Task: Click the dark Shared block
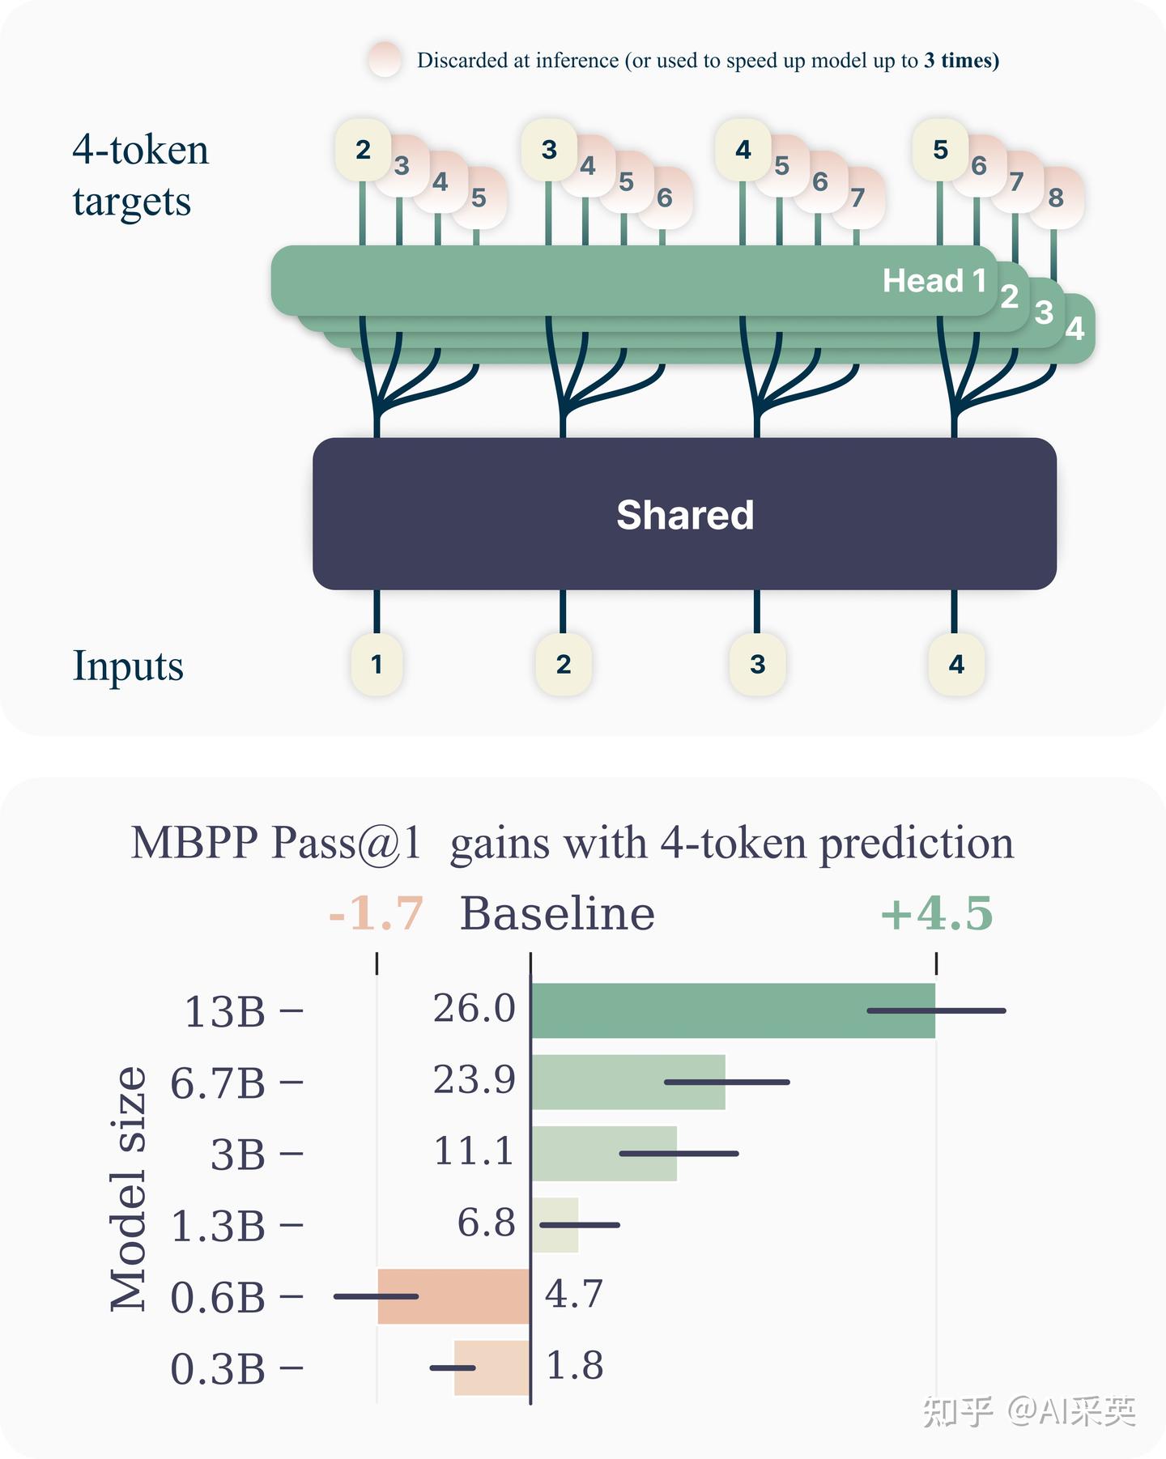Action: click(684, 513)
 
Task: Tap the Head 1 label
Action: click(934, 281)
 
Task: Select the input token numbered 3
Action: click(757, 664)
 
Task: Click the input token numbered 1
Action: click(377, 664)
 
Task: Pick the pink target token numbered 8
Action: click(1056, 197)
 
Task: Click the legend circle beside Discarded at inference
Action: click(385, 60)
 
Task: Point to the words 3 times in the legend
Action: click(961, 61)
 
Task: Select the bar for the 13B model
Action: click(733, 1010)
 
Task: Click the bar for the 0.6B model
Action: click(453, 1296)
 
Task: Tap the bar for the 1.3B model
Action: click(555, 1225)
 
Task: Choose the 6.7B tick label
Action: click(217, 1083)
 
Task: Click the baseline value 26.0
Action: click(474, 1009)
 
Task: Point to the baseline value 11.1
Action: click(474, 1151)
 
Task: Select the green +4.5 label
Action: click(936, 913)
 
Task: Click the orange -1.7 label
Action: click(376, 913)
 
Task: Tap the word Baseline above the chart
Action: click(557, 913)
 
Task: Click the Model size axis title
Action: click(129, 1188)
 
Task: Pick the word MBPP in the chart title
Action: click(194, 843)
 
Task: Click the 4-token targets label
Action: click(140, 175)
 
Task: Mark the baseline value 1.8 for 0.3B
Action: click(575, 1366)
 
